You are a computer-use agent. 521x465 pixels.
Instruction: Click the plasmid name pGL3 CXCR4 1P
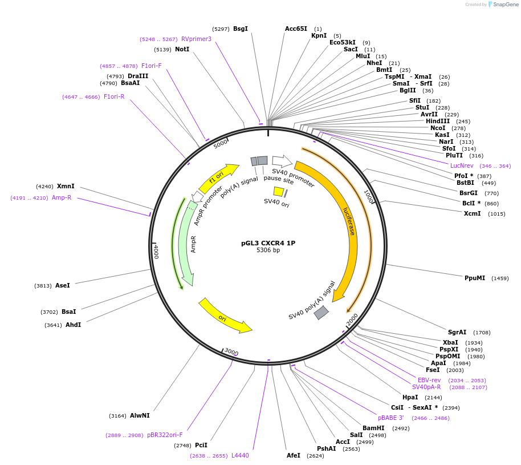(268, 243)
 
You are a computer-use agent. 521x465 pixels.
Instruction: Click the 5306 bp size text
(268, 250)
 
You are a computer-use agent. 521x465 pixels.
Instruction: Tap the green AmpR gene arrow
(186, 245)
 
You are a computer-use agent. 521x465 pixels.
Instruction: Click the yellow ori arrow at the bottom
(225, 316)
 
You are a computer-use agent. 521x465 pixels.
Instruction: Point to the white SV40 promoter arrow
(282, 161)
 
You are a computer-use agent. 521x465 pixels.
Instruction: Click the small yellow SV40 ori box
(279, 192)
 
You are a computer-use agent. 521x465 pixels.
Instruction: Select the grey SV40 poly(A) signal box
(321, 312)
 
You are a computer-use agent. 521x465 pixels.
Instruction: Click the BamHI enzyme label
(373, 428)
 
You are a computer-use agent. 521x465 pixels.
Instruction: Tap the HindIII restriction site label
(437, 121)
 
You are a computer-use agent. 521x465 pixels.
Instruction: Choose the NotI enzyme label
(182, 50)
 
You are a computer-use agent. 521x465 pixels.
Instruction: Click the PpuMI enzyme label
(474, 278)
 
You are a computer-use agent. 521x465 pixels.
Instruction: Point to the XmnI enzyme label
(66, 186)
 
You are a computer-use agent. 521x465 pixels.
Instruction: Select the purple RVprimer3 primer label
(196, 39)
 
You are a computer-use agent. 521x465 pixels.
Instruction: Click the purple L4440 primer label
(240, 455)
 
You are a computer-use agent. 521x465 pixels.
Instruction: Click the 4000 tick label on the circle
(156, 252)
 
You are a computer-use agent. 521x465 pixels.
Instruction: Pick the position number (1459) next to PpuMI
(500, 278)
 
